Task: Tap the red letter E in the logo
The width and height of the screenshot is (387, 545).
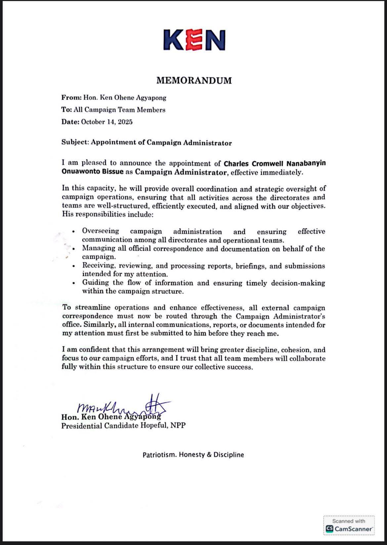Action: (x=194, y=40)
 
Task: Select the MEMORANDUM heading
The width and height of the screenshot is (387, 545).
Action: (x=194, y=80)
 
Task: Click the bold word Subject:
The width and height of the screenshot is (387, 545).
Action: (x=75, y=143)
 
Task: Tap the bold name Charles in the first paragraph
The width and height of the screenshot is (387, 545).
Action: (x=236, y=163)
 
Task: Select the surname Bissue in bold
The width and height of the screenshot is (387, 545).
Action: (x=114, y=172)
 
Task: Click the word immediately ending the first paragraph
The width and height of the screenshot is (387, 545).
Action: (x=286, y=172)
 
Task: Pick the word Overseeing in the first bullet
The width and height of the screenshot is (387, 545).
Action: (x=101, y=231)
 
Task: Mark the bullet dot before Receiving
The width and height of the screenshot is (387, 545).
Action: (x=74, y=266)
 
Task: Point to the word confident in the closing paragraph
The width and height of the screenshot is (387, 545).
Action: (x=94, y=350)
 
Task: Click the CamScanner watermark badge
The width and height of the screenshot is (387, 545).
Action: (x=349, y=525)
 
